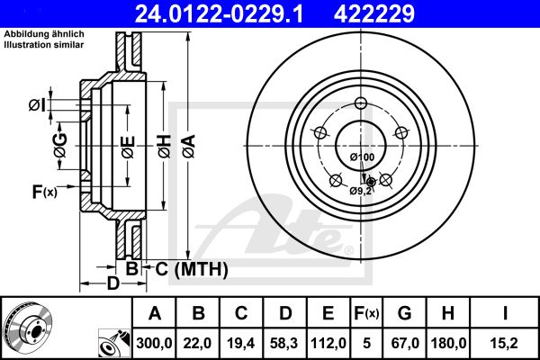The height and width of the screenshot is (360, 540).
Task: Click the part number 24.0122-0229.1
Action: [x=219, y=13]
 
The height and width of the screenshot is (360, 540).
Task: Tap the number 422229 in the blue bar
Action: [x=374, y=13]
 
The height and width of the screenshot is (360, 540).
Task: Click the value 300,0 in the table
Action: [x=154, y=343]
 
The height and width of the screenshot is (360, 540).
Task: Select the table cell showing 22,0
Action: [x=198, y=343]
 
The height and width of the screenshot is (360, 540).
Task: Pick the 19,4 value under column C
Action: [x=241, y=343]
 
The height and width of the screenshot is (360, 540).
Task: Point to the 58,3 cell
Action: [x=284, y=343]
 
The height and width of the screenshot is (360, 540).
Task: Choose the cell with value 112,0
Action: [x=328, y=343]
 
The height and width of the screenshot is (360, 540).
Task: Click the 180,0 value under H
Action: [x=448, y=343]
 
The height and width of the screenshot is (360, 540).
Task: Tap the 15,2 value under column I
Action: [x=505, y=343]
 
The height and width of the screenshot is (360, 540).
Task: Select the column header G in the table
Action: [x=405, y=313]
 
